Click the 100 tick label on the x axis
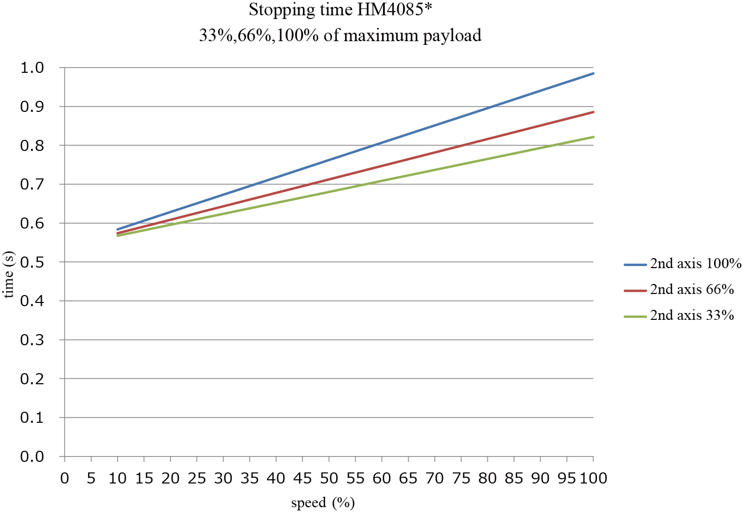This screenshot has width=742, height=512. click(x=594, y=478)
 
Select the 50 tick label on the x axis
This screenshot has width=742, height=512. click(x=329, y=478)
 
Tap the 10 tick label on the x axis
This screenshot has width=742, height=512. click(x=117, y=478)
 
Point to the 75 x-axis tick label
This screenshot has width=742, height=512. click(x=461, y=478)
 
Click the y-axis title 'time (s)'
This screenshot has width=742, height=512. click(x=9, y=274)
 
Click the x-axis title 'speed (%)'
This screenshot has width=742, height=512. click(x=322, y=503)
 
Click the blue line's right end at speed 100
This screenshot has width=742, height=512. click(x=593, y=73)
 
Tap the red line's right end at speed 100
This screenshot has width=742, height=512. click(x=593, y=112)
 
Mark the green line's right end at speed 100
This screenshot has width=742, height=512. click(x=593, y=137)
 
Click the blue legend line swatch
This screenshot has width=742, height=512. click(x=635, y=264)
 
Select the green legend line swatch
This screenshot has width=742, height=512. click(x=635, y=316)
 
